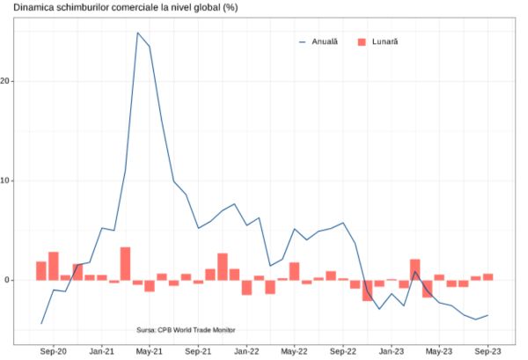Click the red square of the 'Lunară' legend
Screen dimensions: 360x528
(363, 41)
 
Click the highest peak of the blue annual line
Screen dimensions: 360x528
(137, 33)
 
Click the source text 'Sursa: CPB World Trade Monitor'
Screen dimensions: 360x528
(187, 330)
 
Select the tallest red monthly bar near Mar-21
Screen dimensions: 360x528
(126, 263)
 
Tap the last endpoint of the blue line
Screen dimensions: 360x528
(488, 315)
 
